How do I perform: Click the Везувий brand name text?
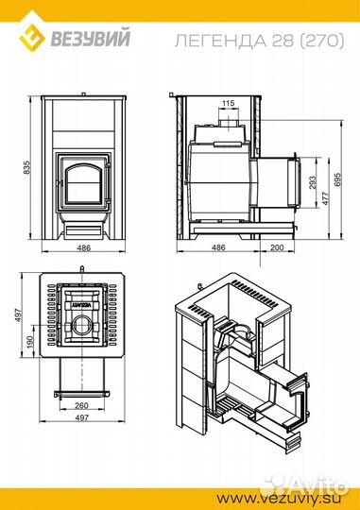tap(91, 38)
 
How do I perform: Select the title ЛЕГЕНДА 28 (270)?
tap(259, 41)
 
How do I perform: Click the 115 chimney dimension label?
tap(228, 103)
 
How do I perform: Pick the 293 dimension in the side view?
tap(313, 182)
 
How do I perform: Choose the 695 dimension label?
tap(337, 179)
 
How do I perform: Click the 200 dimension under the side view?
tap(277, 247)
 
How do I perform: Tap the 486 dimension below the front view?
tap(84, 247)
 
